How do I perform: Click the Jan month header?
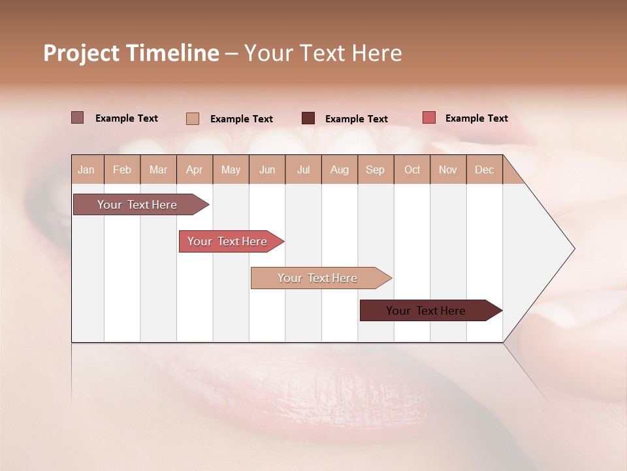(87, 169)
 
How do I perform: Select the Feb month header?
(122, 169)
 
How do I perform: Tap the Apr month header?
(195, 169)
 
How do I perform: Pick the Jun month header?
(267, 169)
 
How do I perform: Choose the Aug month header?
(340, 169)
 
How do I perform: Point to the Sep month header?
(376, 169)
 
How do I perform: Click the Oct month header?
(412, 169)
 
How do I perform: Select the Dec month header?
(485, 169)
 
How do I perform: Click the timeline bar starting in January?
(138, 205)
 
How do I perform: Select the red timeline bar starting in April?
(228, 241)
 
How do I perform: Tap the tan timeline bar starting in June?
(318, 278)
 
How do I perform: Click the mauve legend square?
(78, 118)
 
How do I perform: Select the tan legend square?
(193, 118)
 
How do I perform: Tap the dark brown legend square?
(308, 118)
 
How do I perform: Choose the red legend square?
(428, 118)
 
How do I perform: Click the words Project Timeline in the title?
(131, 53)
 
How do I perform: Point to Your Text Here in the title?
(323, 53)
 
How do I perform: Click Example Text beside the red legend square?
(477, 118)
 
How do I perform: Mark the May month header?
(231, 169)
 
